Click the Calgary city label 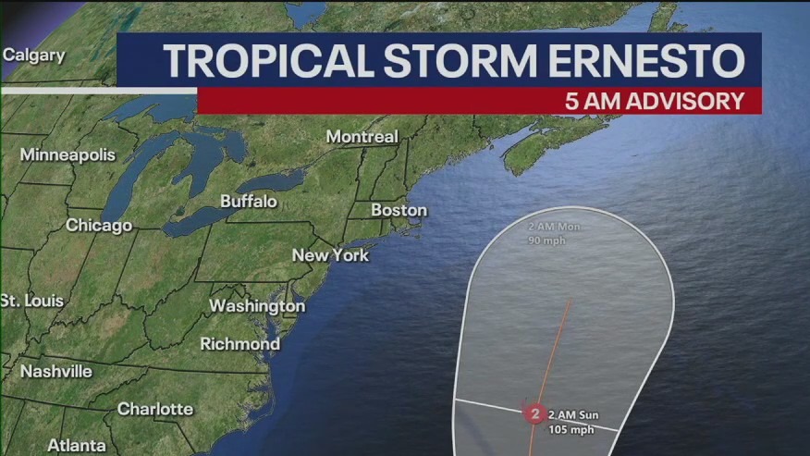[x=34, y=55]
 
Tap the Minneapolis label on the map [x=67, y=154]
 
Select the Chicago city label [x=99, y=225]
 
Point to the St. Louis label [x=32, y=301]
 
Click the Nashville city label [x=56, y=371]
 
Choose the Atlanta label [x=76, y=445]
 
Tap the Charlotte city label [x=155, y=408]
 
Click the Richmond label [x=240, y=343]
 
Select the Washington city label [x=257, y=305]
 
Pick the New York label [x=330, y=254]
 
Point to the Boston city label [x=399, y=210]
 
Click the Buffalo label [x=249, y=201]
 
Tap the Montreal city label [x=362, y=136]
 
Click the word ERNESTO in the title [x=644, y=60]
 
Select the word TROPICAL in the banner [x=260, y=60]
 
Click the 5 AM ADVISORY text [x=655, y=101]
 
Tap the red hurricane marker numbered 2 [x=534, y=413]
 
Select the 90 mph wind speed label [x=546, y=240]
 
